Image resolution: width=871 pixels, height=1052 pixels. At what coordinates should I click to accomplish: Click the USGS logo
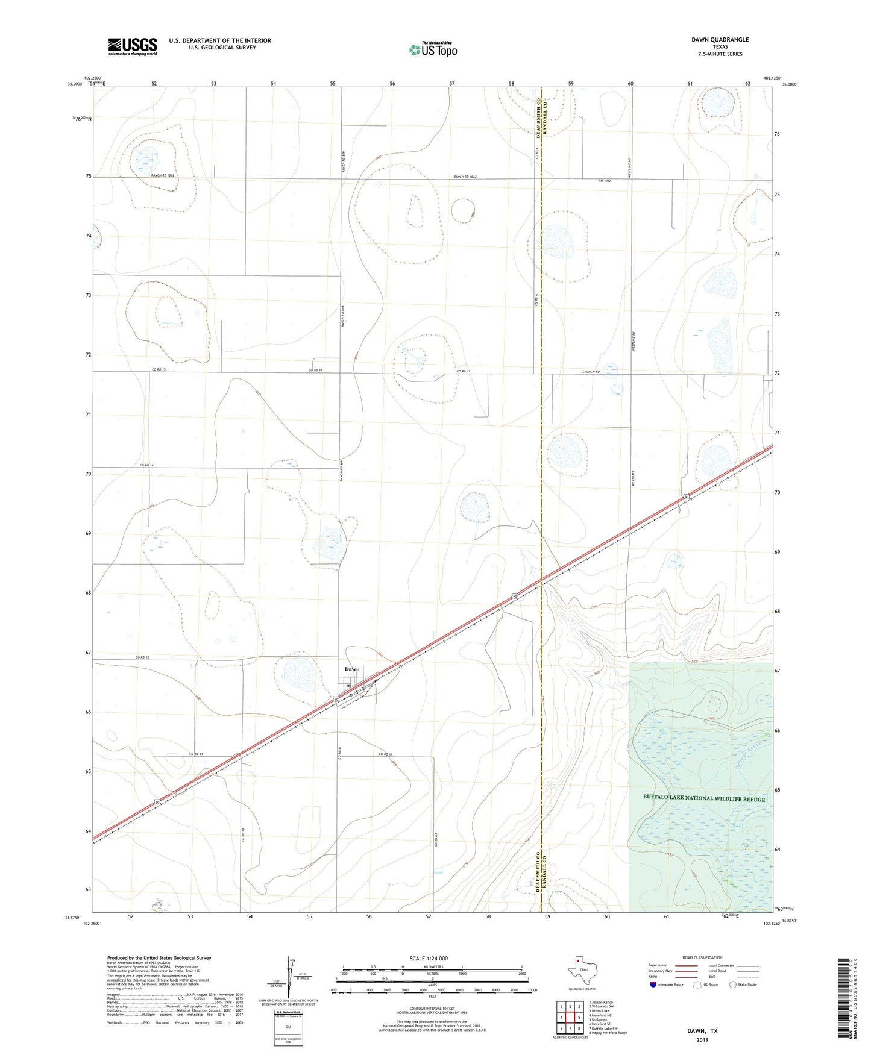tap(133, 46)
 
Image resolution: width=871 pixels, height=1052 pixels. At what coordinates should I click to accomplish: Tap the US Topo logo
tap(432, 49)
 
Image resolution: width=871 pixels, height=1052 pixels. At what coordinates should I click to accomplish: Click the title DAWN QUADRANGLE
tap(720, 40)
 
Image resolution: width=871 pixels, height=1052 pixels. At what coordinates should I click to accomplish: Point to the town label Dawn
tap(352, 669)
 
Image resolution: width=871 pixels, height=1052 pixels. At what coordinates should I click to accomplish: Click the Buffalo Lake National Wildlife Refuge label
tap(704, 799)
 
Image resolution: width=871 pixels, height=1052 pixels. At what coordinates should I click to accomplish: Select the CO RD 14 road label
tap(147, 465)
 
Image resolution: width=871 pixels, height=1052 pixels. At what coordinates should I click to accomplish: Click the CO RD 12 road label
tap(142, 657)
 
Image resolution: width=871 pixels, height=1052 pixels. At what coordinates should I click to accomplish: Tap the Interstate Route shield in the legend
tap(654, 985)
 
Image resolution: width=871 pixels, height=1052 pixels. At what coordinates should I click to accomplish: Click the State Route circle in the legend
tap(733, 985)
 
